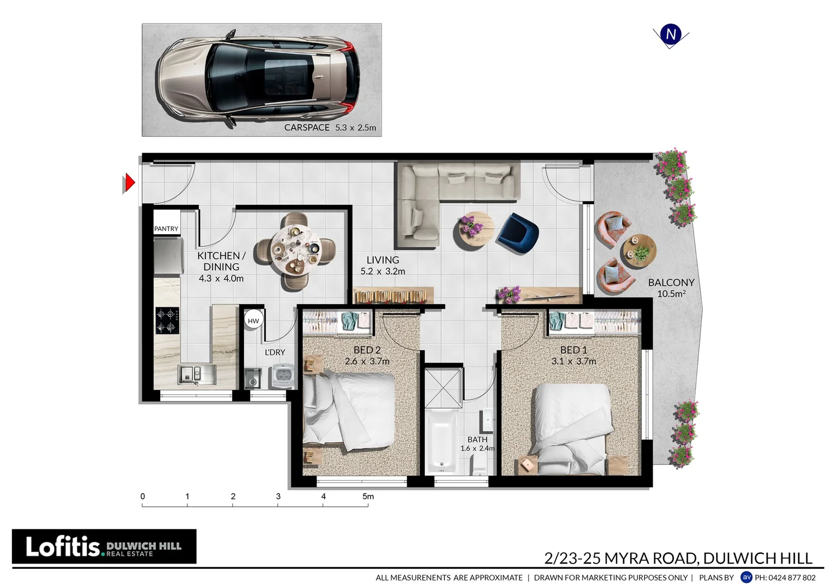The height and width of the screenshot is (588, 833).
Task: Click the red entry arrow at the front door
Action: point(129,183)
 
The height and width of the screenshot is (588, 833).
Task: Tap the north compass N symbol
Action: point(671,34)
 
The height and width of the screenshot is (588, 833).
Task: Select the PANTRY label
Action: point(166,229)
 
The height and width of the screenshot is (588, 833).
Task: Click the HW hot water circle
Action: point(253,321)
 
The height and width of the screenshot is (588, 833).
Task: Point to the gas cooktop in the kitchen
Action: point(167,321)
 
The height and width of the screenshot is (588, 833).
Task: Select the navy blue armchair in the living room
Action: point(518,233)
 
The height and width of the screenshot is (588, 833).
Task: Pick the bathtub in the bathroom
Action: point(441,442)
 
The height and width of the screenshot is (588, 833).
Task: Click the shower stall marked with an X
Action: point(443,388)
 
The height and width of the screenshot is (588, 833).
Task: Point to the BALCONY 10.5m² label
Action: point(671,288)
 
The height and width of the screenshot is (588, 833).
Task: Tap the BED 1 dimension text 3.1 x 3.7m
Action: point(574,362)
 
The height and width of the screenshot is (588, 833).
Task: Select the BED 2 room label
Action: point(367,350)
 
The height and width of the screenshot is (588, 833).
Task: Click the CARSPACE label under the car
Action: point(307,127)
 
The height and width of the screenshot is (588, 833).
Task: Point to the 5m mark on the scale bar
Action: point(368,497)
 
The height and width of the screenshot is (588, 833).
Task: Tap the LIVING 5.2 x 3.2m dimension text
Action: point(382,271)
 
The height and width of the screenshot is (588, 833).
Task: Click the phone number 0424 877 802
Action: point(785,578)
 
